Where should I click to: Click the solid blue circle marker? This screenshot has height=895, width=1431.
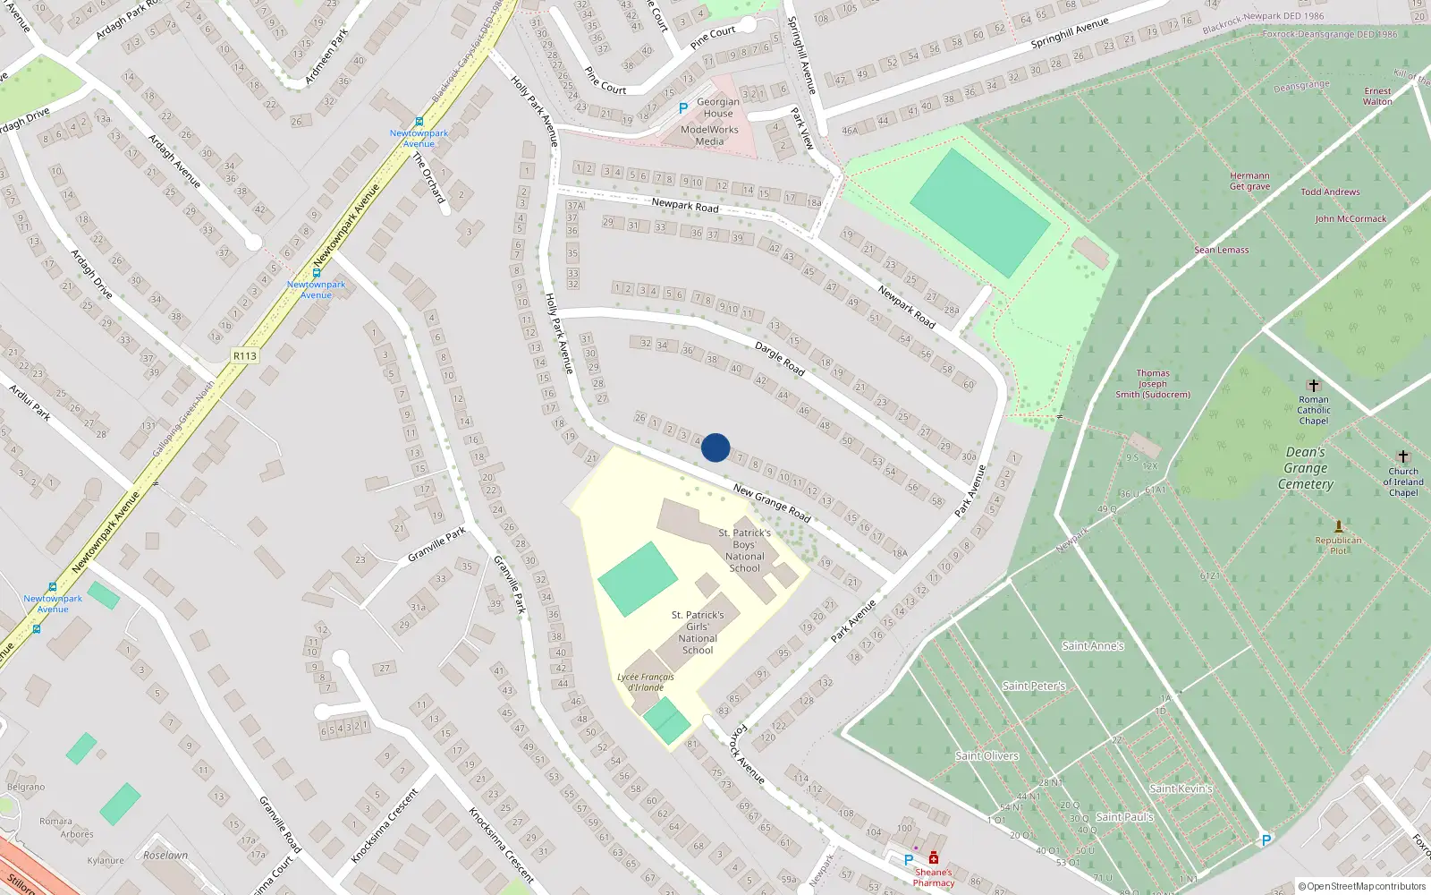click(715, 447)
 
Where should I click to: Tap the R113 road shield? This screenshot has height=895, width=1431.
click(244, 356)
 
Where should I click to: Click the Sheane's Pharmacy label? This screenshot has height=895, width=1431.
click(933, 877)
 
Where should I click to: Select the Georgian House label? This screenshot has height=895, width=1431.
click(718, 107)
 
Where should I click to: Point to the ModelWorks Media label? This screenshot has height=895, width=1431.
click(709, 135)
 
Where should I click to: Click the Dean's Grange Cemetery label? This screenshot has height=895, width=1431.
click(1305, 468)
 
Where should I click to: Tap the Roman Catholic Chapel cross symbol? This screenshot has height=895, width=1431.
click(1313, 386)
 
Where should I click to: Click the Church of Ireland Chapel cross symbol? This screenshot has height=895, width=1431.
click(1402, 456)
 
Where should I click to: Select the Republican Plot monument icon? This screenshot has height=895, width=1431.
click(1338, 526)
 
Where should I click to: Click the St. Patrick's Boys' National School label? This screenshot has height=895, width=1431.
click(745, 550)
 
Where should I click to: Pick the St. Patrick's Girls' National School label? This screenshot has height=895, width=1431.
click(698, 633)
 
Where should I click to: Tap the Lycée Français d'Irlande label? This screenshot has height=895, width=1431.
click(645, 682)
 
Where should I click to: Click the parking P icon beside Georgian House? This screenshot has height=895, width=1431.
click(683, 108)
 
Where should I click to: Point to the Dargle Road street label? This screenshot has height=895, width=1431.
click(780, 358)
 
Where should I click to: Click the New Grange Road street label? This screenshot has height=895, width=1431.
click(772, 503)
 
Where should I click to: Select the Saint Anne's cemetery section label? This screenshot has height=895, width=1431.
click(1092, 645)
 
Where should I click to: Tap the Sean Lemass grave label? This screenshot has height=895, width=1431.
click(1221, 250)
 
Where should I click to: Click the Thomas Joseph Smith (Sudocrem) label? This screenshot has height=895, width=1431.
click(1153, 384)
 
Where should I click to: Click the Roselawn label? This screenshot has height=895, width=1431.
click(165, 855)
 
